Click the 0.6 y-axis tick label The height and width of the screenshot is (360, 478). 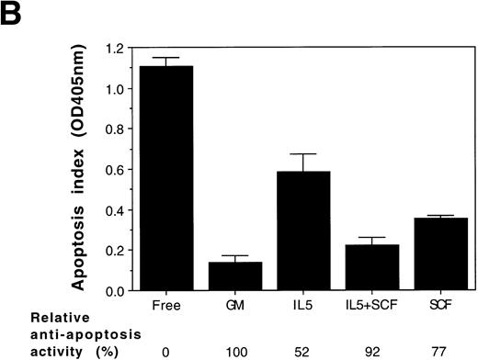coord(116,169)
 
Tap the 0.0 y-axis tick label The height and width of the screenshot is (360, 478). coord(116,291)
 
